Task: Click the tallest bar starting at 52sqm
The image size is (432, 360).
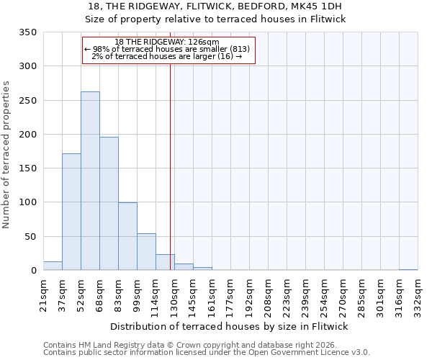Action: (90, 181)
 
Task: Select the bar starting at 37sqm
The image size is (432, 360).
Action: (71, 212)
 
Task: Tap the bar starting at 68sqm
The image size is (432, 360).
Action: (109, 204)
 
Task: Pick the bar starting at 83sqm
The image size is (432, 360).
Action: (127, 236)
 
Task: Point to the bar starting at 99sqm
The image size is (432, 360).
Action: (146, 252)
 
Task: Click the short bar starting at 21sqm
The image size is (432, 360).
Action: (53, 266)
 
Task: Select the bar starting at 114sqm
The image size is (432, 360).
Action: (165, 263)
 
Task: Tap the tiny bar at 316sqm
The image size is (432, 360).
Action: (408, 269)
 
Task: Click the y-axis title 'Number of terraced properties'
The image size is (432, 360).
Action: (7, 155)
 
